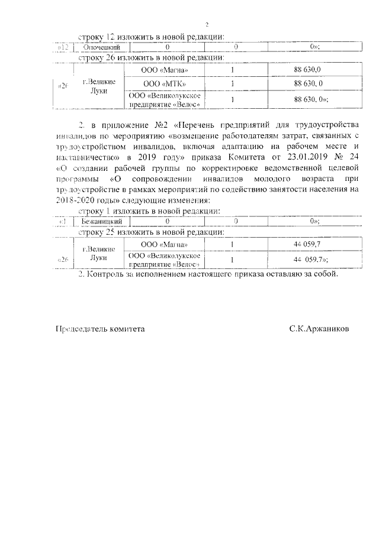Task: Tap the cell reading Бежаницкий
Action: click(101, 221)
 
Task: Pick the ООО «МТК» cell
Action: click(165, 83)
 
